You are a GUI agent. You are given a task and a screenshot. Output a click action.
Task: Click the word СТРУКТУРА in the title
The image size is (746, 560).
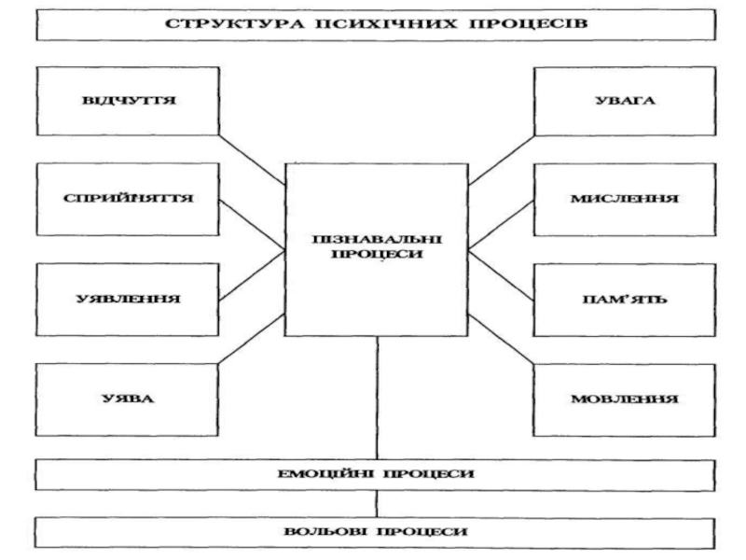[x=234, y=24]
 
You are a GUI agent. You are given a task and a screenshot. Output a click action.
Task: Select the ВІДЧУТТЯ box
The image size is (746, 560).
[x=128, y=101]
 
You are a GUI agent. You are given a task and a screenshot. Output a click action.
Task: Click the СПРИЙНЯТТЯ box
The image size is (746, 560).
[x=128, y=199]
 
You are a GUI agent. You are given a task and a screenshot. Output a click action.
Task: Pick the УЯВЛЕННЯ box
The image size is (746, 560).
[x=128, y=300]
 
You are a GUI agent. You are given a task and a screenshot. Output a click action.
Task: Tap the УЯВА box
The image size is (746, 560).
[x=127, y=399]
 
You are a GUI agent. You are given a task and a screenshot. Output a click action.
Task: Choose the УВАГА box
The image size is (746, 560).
[x=625, y=101]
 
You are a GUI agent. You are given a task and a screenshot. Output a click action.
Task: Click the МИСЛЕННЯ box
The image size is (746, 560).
[x=625, y=200]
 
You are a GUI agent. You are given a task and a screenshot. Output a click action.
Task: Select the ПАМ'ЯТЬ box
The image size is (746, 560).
[x=624, y=300]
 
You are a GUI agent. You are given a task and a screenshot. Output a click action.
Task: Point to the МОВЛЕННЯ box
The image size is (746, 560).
[x=624, y=400]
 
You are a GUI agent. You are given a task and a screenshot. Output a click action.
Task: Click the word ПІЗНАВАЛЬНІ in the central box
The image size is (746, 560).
[x=377, y=240]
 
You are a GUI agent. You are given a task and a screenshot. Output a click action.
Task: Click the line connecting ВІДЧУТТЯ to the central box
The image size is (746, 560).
[x=252, y=160]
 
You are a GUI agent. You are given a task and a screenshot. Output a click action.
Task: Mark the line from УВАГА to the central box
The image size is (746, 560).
[x=502, y=160]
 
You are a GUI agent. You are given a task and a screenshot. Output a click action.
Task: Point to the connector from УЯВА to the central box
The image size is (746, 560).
[x=252, y=339]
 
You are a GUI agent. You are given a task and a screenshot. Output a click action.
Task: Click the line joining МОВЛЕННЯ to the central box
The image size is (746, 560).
[x=501, y=339]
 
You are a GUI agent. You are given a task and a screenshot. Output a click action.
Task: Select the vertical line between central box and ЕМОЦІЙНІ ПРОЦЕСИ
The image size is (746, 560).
[x=378, y=399]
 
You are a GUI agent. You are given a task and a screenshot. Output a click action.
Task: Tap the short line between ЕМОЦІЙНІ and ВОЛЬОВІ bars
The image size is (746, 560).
[x=377, y=504]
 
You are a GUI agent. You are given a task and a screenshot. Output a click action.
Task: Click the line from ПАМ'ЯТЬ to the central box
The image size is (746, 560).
[x=501, y=275]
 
